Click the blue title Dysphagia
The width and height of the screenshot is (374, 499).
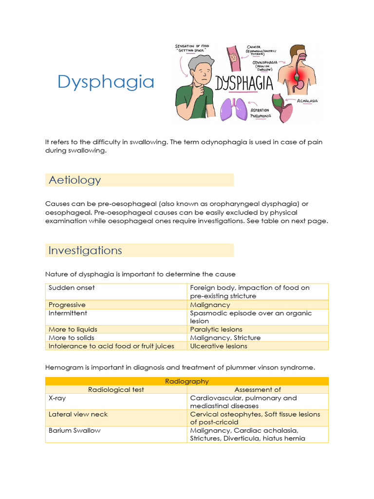click(106, 82)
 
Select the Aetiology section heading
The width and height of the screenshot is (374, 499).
click(75, 180)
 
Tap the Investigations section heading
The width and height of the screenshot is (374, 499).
click(85, 250)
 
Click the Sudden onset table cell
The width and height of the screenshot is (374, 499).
click(72, 288)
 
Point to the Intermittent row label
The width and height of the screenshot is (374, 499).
click(68, 313)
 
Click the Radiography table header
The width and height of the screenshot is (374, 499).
click(187, 382)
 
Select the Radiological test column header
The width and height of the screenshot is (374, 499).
click(116, 390)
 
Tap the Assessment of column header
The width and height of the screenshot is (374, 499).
click(258, 390)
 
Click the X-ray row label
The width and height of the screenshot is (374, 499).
click(57, 398)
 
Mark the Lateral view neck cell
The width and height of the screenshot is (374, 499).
click(78, 415)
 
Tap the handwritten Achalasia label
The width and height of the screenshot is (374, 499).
click(308, 101)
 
